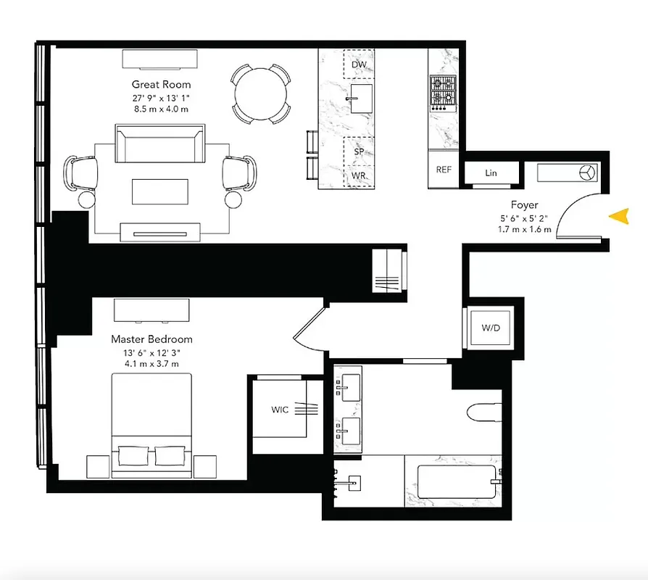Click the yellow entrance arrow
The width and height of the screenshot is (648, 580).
[x=618, y=215]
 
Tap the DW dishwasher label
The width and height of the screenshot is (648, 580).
[x=358, y=65]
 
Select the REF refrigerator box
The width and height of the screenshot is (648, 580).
[x=444, y=170]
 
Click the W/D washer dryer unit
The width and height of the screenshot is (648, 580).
[x=491, y=328]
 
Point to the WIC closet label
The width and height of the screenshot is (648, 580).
[x=280, y=410]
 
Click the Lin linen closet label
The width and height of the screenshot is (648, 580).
[x=491, y=173]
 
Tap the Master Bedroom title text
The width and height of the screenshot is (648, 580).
[x=151, y=339]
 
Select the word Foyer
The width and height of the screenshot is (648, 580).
[x=523, y=205]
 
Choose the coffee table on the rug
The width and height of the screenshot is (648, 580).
[x=160, y=193]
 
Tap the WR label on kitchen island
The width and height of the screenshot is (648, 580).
[x=358, y=176]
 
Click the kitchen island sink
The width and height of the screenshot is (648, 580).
[x=358, y=100]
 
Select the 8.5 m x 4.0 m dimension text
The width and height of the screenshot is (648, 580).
[x=160, y=109]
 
